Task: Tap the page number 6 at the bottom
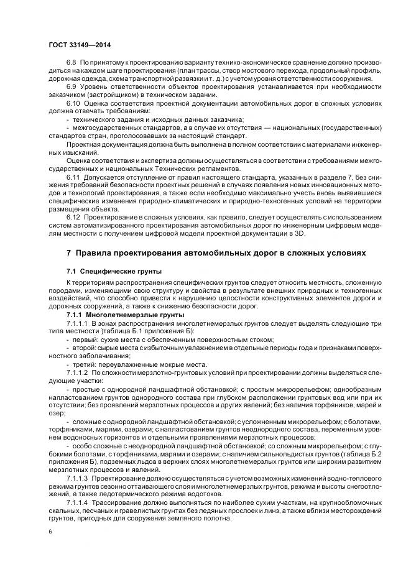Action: (50, 532)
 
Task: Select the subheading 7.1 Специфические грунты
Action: (105, 272)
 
